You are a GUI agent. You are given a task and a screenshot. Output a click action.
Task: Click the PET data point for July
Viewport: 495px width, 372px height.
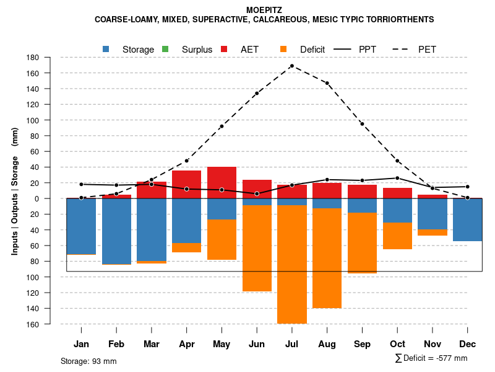point(291,66)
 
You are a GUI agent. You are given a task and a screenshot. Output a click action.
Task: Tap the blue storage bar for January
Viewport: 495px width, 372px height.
point(81,226)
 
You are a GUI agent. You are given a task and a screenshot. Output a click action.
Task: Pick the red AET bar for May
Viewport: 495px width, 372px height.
point(222,182)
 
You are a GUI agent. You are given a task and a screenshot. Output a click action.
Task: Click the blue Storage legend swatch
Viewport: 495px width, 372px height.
point(106,49)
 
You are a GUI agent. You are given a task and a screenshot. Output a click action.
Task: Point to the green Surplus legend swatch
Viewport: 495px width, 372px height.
point(165,49)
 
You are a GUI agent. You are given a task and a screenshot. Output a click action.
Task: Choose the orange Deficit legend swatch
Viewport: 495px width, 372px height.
point(283,49)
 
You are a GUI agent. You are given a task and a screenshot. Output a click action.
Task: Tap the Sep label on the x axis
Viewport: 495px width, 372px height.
point(362,344)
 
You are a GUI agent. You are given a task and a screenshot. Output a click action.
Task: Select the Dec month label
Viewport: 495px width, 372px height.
point(468,344)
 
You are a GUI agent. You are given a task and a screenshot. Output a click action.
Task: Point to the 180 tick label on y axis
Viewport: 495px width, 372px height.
point(33,58)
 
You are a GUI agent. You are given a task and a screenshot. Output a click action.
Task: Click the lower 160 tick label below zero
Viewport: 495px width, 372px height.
point(33,324)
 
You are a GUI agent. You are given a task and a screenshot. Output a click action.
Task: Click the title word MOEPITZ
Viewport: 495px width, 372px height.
point(264,11)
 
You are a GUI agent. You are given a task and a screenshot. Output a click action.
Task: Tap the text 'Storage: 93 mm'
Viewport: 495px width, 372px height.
point(88,361)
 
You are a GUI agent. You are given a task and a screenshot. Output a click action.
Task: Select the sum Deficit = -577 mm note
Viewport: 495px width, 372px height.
point(431,358)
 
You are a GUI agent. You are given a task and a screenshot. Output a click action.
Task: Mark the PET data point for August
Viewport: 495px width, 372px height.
point(327,83)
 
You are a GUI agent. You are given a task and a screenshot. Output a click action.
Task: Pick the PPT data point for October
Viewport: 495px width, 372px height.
point(397,178)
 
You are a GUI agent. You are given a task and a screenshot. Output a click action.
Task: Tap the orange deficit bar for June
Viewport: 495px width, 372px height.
point(257,248)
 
